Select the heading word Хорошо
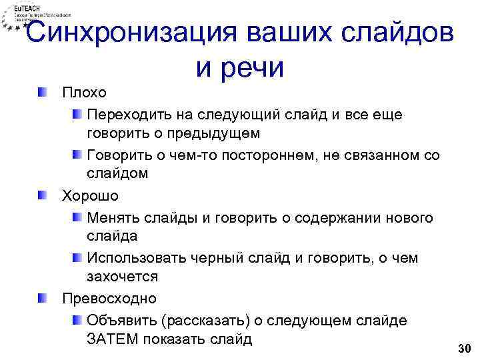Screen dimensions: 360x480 (90, 196)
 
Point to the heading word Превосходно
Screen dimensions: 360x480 (109, 297)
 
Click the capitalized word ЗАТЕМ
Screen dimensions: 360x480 (109, 339)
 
